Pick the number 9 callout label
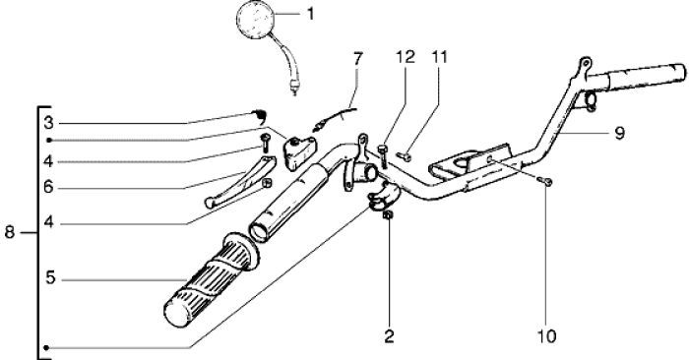tap(619, 133)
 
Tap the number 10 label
tap(545, 336)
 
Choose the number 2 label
tap(390, 336)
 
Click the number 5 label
tap(49, 279)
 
